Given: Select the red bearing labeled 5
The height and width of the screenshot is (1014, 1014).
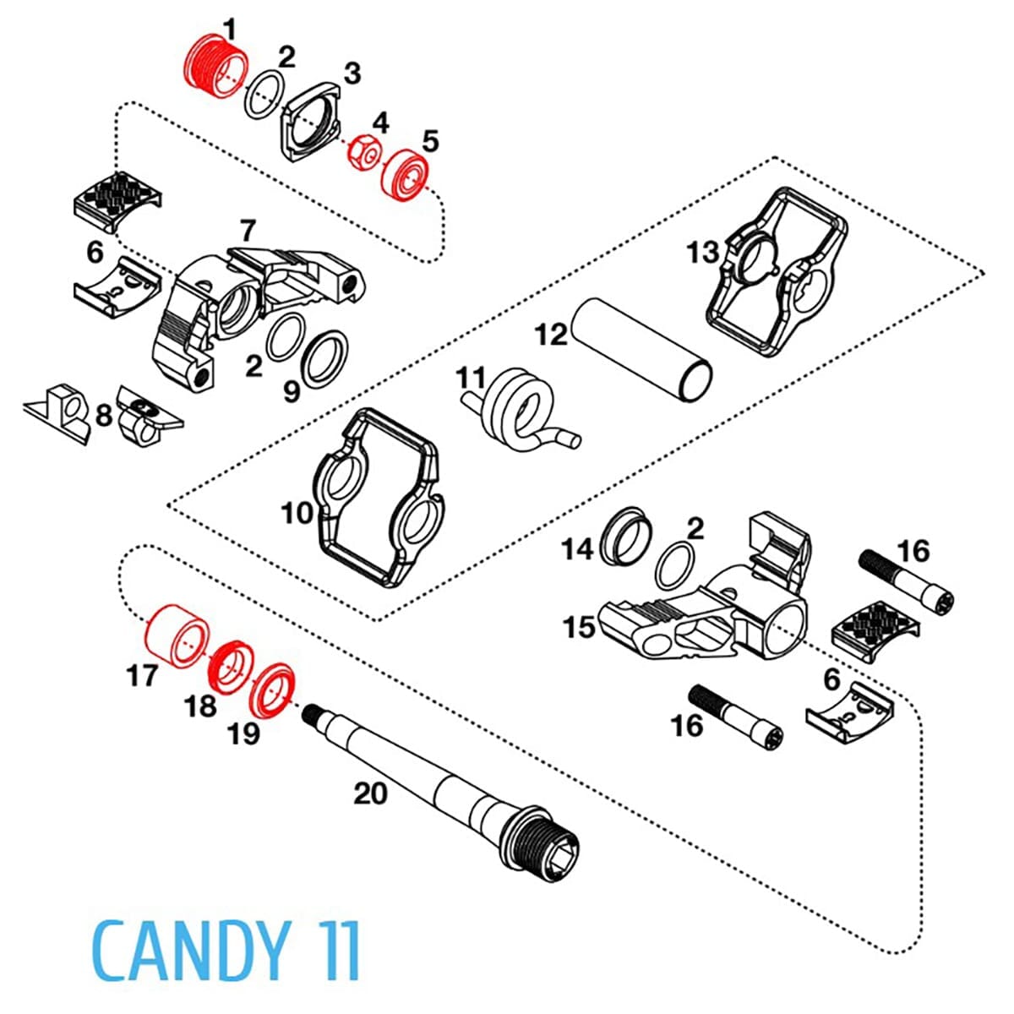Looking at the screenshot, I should pos(407,174).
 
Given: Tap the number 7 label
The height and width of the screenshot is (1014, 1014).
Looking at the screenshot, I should pos(248,231).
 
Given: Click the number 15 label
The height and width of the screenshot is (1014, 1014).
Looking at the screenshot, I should pos(580,629).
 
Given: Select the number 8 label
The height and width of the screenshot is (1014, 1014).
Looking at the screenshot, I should pos(104,416).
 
